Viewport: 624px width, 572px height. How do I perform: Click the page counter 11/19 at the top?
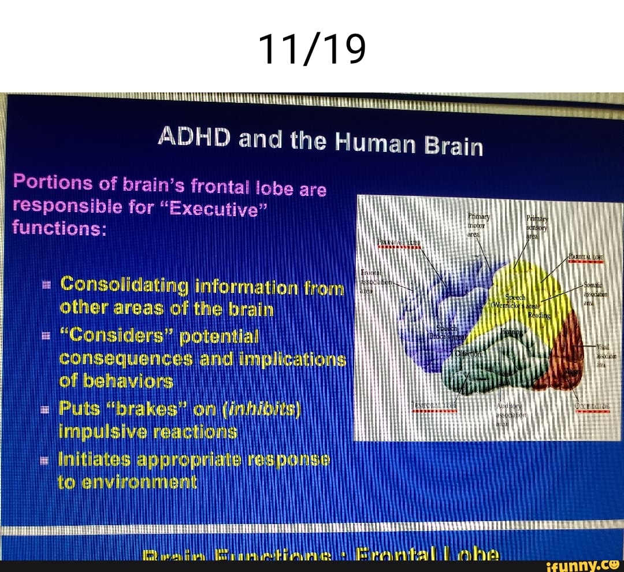(312, 49)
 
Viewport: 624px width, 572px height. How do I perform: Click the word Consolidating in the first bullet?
(125, 284)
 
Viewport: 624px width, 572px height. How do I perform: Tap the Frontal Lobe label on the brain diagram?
(399, 242)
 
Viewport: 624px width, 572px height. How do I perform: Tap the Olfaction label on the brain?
(469, 353)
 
